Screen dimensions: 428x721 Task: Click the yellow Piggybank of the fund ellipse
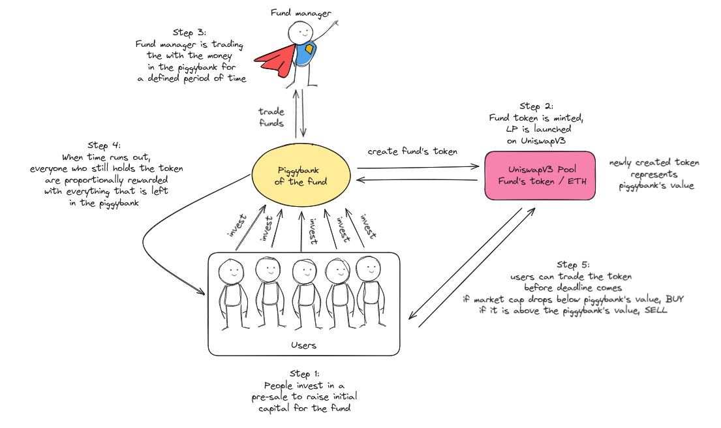(x=301, y=176)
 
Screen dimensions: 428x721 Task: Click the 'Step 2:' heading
(x=536, y=106)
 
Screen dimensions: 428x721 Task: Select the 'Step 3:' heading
(x=190, y=33)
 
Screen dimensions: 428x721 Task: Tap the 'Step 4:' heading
(x=104, y=145)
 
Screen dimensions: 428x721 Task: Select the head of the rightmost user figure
(x=368, y=267)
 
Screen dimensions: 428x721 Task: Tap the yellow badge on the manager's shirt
(x=309, y=50)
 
